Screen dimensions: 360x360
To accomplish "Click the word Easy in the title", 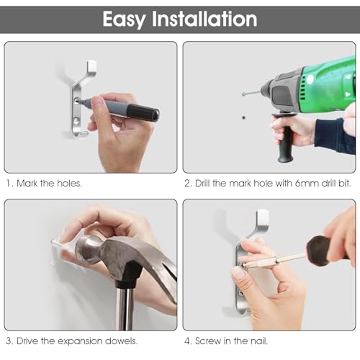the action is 125,19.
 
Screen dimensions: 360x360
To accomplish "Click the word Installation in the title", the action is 204,19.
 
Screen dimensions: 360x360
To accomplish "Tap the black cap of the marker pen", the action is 143,112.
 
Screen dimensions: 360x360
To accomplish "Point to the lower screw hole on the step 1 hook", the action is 76,121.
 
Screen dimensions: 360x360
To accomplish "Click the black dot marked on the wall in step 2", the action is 244,117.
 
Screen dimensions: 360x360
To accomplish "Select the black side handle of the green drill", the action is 285,138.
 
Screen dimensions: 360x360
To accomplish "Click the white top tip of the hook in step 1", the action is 91,66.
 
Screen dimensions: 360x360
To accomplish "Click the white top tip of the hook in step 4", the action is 262,215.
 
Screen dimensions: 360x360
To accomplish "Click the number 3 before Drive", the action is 9,341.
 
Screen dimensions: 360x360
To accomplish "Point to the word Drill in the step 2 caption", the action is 203,184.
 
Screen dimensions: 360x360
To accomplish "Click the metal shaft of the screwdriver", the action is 276,261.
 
